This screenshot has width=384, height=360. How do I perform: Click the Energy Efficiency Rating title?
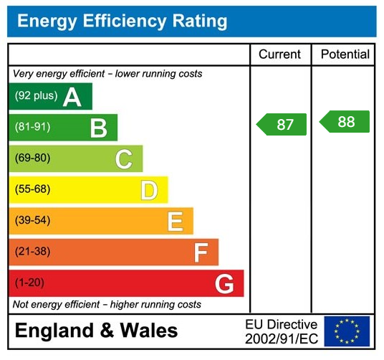pyautogui.click(x=123, y=21)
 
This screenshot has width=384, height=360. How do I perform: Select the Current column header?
pyautogui.click(x=280, y=55)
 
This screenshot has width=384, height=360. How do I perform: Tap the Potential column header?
pyautogui.click(x=345, y=55)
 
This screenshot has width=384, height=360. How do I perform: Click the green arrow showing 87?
pyautogui.click(x=282, y=124)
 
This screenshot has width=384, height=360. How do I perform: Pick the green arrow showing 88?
pyautogui.click(x=345, y=122)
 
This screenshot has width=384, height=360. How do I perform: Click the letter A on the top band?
pyautogui.click(x=72, y=97)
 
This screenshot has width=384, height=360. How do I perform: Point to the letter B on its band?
pyautogui.click(x=98, y=128)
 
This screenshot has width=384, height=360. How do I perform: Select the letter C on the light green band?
pyautogui.click(x=123, y=159)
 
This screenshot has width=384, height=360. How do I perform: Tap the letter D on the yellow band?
pyautogui.click(x=148, y=191)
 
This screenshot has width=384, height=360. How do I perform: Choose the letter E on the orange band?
pyautogui.click(x=175, y=222)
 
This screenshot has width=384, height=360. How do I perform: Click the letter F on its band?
pyautogui.click(x=201, y=252)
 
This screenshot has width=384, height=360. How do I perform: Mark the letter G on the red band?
pyautogui.click(x=224, y=284)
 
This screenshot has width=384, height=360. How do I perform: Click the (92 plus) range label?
pyautogui.click(x=36, y=96)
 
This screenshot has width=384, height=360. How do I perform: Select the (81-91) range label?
pyautogui.click(x=33, y=128)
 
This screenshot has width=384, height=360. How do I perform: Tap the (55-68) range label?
pyautogui.click(x=33, y=190)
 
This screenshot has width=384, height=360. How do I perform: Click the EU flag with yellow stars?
pyautogui.click(x=347, y=331)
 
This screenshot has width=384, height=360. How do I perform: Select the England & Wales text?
pyautogui.click(x=96, y=331)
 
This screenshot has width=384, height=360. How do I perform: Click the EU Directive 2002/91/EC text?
pyautogui.click(x=281, y=331)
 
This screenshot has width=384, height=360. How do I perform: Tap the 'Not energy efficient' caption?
pyautogui.click(x=107, y=305)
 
